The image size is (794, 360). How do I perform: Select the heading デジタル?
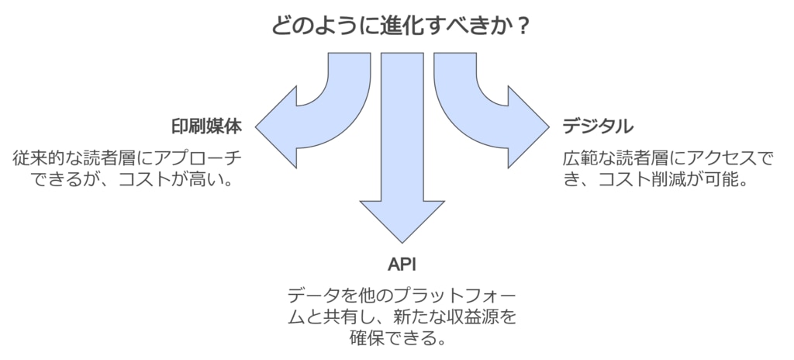[598, 126]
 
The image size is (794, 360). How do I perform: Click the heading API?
[402, 264]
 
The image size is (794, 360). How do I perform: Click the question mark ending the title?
[523, 26]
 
